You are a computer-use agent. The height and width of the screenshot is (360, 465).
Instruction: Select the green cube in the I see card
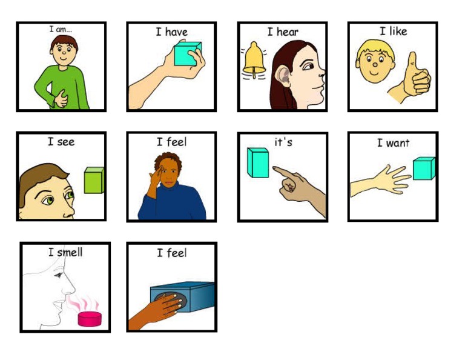click(x=94, y=180)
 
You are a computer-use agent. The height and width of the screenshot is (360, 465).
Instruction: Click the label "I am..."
click(x=61, y=29)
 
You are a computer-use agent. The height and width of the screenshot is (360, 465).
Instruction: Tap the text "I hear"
click(x=283, y=32)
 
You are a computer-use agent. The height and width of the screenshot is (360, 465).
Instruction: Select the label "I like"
click(x=393, y=31)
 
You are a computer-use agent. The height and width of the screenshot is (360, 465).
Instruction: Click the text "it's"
click(x=283, y=142)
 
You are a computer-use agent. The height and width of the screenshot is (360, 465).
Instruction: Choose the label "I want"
click(x=393, y=143)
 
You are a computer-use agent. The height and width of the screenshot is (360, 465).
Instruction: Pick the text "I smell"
click(x=65, y=252)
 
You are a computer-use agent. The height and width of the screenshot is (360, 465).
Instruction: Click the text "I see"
click(x=61, y=142)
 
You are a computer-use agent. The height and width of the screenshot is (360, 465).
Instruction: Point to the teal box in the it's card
click(x=258, y=162)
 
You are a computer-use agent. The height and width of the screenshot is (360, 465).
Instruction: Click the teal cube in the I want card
click(x=423, y=168)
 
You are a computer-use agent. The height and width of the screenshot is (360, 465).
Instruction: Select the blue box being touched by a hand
click(x=188, y=299)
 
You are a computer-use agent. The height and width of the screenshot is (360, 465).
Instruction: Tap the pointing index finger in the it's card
click(x=282, y=172)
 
